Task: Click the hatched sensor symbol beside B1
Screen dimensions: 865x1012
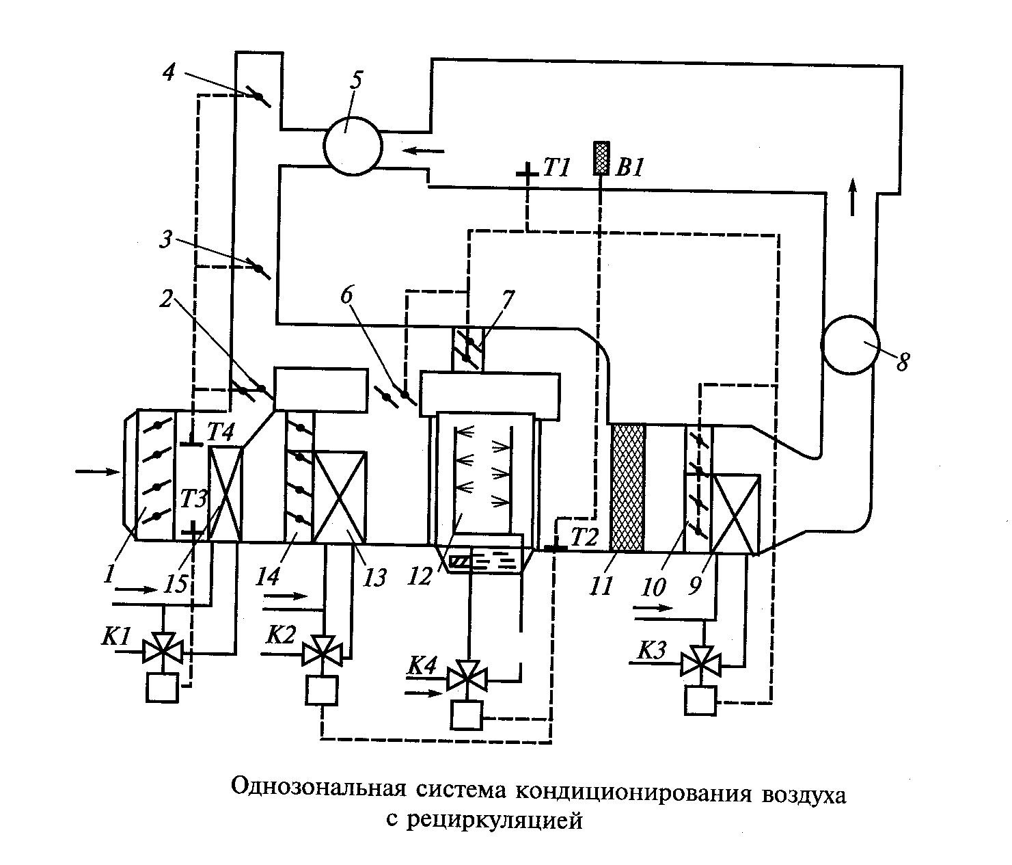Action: pos(601,158)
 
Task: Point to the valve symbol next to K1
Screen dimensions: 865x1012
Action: pos(163,650)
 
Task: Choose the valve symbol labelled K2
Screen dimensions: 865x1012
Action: pos(322,652)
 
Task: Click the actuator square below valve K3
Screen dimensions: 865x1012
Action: pos(700,702)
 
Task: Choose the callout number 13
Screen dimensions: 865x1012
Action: pos(376,578)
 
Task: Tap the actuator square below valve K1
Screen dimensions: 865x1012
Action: pos(163,687)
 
